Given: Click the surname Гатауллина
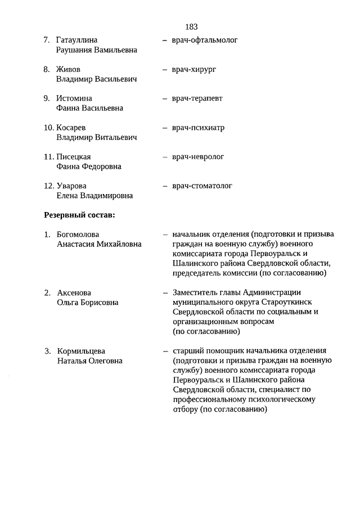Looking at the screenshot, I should (x=77, y=40).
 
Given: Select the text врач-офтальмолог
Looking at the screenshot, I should (x=205, y=40).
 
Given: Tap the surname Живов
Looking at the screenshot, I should (x=68, y=70).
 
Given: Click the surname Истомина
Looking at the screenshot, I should (x=74, y=98).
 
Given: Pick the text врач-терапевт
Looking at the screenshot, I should (x=197, y=98).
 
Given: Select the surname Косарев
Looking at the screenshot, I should (x=71, y=128).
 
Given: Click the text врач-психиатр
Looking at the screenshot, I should (x=198, y=128).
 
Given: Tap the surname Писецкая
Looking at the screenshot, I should (x=74, y=157).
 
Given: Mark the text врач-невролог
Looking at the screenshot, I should (x=198, y=157).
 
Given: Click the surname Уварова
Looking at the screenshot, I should (x=71, y=186).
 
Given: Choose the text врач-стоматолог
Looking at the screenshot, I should (x=202, y=186).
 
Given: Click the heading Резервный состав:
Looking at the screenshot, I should (x=79, y=214).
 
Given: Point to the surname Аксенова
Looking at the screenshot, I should (x=74, y=293).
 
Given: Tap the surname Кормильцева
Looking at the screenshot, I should (x=81, y=352).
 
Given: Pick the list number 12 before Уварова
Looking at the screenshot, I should (x=48, y=186).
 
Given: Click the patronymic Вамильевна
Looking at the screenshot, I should (x=116, y=50).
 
